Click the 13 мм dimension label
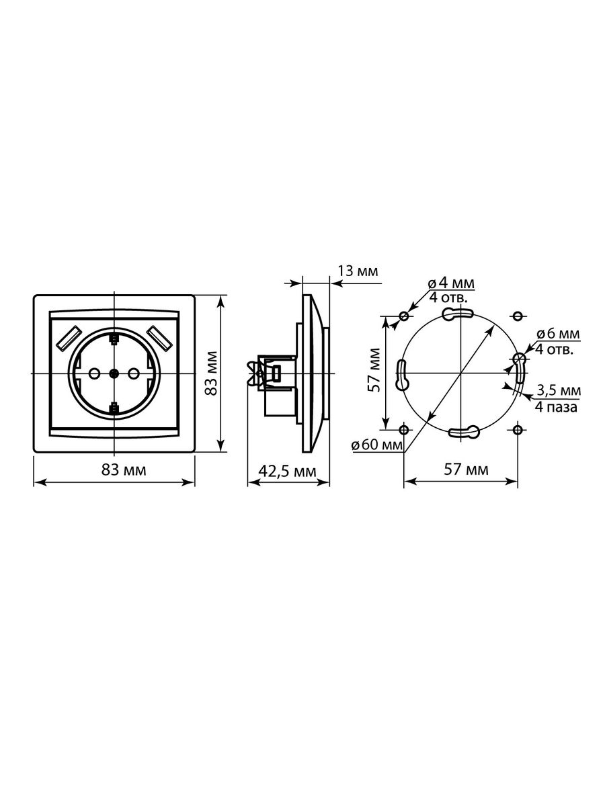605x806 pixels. [358, 271]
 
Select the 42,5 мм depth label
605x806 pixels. [287, 471]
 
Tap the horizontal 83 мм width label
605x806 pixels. [124, 470]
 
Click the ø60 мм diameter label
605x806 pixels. [377, 445]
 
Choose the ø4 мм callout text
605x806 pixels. [452, 283]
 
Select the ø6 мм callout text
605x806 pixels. [558, 334]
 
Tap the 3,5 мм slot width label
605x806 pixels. [559, 390]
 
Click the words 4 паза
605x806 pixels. [556, 407]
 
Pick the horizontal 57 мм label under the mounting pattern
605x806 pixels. [466, 469]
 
